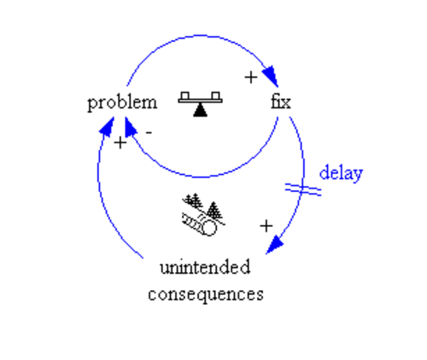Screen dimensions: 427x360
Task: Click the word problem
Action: click(122, 103)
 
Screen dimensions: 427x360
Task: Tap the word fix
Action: click(281, 102)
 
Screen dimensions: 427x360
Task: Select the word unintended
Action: click(205, 267)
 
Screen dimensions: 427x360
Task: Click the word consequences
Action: click(206, 294)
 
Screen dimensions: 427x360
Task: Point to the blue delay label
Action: click(341, 172)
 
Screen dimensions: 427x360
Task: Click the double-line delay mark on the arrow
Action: click(303, 189)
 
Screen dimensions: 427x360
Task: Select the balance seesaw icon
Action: click(201, 104)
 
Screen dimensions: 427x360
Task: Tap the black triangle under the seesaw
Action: click(201, 110)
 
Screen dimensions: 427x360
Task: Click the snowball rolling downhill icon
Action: click(202, 215)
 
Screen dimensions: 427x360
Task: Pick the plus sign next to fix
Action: click(251, 78)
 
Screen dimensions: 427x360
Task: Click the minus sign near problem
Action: click(149, 132)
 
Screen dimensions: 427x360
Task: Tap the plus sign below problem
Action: click(120, 142)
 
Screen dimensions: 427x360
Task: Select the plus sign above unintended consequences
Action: click(266, 226)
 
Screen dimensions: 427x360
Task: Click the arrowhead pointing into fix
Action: click(271, 75)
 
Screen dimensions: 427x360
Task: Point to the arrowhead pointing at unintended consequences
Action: click(274, 245)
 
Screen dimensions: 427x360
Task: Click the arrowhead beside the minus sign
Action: click(130, 126)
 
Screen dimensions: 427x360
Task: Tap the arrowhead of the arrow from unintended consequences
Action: click(108, 126)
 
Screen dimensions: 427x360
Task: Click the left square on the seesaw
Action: click(185, 96)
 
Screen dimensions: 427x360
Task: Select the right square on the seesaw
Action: click(216, 96)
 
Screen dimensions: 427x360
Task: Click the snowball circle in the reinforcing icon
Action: click(209, 228)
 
